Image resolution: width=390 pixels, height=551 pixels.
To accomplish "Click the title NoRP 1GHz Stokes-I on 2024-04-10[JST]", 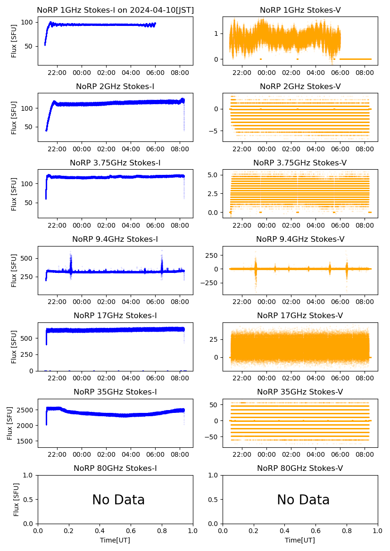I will point(115,10).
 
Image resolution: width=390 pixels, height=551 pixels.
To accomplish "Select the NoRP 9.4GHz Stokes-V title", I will point(300,239).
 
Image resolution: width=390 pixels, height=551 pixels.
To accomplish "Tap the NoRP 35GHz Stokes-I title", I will point(115,392).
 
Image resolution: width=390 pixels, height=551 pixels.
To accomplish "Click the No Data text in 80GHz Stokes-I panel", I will point(118,500).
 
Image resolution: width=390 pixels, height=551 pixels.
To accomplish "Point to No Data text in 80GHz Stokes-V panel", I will point(303,500).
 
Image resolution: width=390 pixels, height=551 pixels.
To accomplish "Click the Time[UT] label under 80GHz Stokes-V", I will point(300,540).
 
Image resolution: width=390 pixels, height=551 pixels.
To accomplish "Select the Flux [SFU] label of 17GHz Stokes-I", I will point(14,346).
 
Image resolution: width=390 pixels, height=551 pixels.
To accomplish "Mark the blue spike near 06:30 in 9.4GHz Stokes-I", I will point(162,264).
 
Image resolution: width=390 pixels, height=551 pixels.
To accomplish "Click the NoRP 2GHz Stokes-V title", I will point(300,87).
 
